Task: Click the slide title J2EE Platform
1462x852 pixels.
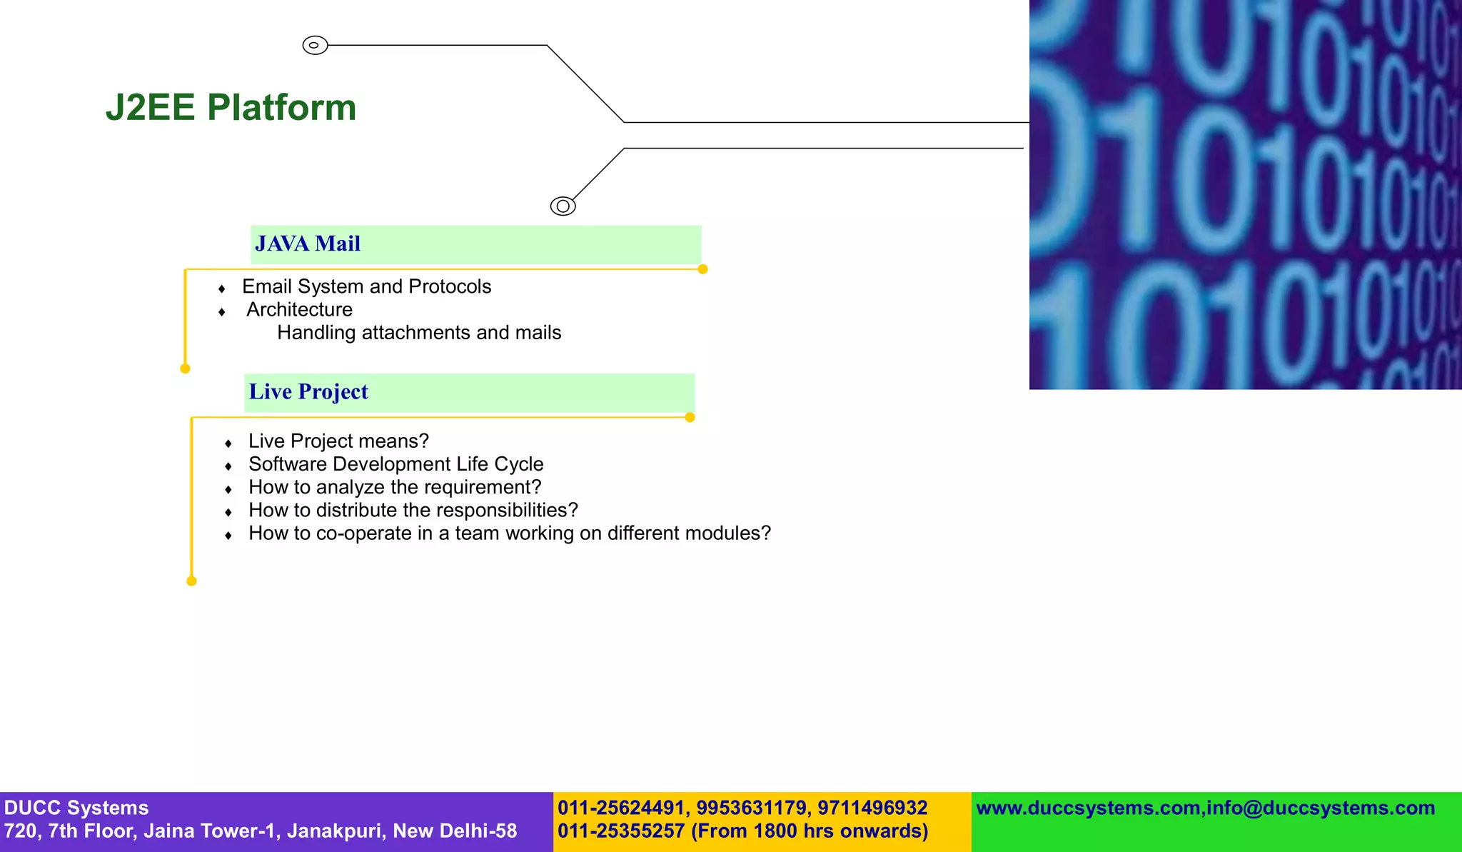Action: coord(231,108)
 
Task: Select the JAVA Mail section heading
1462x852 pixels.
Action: coord(308,244)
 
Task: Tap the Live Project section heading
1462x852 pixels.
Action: coord(308,392)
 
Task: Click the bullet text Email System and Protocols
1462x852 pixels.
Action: coord(366,286)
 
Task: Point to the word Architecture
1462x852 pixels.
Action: coord(299,309)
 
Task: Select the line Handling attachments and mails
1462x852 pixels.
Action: coord(419,333)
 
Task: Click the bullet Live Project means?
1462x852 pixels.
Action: coord(338,441)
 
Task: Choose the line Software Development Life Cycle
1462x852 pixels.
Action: coord(395,464)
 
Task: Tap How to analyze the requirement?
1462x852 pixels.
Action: coord(395,487)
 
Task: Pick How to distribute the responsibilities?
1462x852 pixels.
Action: coord(413,510)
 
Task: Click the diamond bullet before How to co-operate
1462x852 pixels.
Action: coord(228,535)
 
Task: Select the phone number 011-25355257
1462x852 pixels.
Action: coord(620,831)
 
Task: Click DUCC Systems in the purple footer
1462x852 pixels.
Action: coord(76,808)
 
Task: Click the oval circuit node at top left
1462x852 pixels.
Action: coord(315,45)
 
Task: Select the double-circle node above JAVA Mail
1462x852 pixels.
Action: coord(563,206)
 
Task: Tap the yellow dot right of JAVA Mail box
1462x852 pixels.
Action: coord(702,269)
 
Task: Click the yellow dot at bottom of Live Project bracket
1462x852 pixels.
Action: coord(191,581)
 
